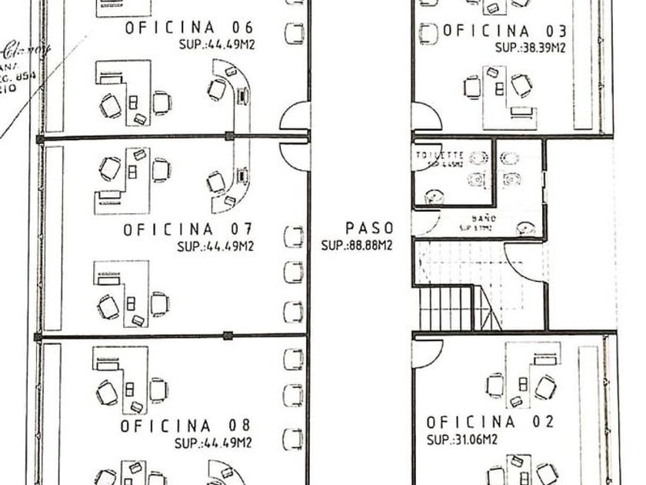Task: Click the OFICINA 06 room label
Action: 188,28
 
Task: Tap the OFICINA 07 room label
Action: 188,229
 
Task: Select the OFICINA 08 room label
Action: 186,426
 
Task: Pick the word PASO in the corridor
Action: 369,229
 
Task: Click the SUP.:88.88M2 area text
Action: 357,246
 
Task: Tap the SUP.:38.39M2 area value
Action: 531,47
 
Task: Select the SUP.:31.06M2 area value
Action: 461,440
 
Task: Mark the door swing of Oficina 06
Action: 295,117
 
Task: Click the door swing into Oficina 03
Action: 426,117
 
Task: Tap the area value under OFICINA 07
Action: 215,246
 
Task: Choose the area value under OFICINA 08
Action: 213,443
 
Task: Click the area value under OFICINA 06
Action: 215,45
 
